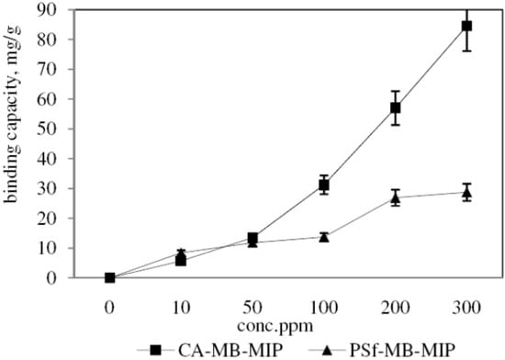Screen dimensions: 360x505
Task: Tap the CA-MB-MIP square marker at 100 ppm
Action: click(x=324, y=185)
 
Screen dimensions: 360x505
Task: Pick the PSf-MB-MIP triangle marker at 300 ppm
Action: click(x=466, y=191)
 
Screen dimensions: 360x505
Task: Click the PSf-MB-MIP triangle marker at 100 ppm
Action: click(x=324, y=236)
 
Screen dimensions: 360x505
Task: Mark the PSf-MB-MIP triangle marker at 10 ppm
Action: click(x=182, y=253)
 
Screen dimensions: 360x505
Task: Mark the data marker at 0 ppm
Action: click(x=110, y=277)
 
